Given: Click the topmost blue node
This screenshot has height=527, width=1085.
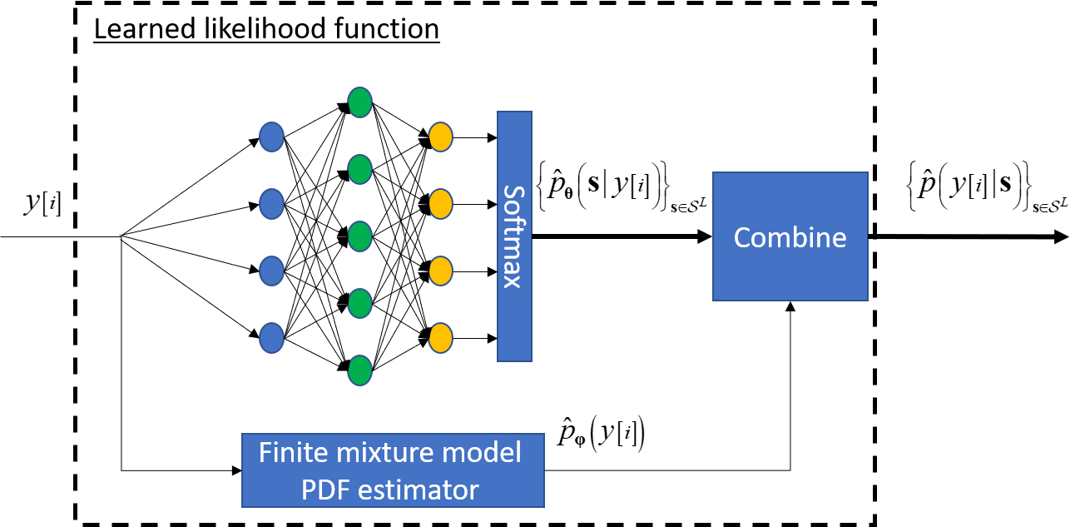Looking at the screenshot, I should (x=271, y=137).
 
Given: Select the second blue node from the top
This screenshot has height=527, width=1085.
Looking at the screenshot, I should (x=271, y=203).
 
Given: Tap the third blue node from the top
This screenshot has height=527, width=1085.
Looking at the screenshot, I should (x=271, y=271).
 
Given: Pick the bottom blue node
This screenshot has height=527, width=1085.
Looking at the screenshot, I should (x=271, y=338).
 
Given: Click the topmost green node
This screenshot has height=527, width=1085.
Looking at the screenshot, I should (x=359, y=102).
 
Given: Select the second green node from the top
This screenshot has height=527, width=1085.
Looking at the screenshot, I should (x=359, y=169).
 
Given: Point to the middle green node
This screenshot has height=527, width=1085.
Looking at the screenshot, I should (x=359, y=236).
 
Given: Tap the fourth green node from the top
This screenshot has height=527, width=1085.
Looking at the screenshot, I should (x=359, y=304).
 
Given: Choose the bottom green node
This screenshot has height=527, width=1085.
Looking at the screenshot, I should (x=359, y=370).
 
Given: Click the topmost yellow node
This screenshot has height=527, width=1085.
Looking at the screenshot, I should (x=440, y=137).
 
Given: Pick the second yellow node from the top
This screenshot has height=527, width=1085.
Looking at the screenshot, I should (x=440, y=203).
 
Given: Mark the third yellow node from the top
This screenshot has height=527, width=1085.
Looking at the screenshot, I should (x=440, y=271).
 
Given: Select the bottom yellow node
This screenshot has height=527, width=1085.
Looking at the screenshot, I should (x=440, y=338).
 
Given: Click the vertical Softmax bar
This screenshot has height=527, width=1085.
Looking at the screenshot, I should (x=514, y=236).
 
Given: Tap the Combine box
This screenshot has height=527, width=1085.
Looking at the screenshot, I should (x=790, y=236).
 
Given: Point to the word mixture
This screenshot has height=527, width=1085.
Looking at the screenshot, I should (x=388, y=453).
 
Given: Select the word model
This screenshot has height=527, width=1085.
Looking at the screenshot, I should (x=487, y=453).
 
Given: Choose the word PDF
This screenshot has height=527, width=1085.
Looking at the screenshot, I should (x=326, y=490).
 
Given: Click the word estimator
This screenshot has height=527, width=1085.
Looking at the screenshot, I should (x=419, y=490).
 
